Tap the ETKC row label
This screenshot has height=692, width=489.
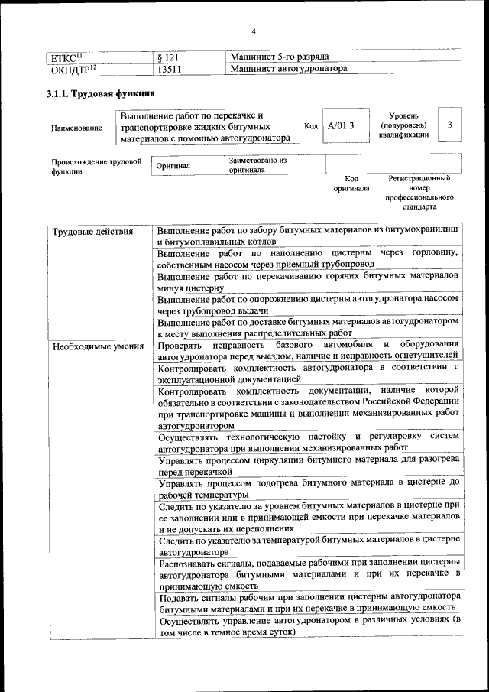(x=66, y=57)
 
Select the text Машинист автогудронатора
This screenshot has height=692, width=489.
(x=289, y=69)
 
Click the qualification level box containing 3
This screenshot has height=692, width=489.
(x=450, y=125)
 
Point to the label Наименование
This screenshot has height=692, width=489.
(x=76, y=128)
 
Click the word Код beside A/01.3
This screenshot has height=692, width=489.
(x=311, y=125)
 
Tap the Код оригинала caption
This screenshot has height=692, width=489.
(x=351, y=183)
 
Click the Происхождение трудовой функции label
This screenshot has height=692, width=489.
(x=97, y=167)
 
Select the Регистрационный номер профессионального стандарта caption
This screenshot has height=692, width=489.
(x=419, y=192)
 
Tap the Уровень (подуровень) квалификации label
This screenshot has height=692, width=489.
(x=403, y=125)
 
